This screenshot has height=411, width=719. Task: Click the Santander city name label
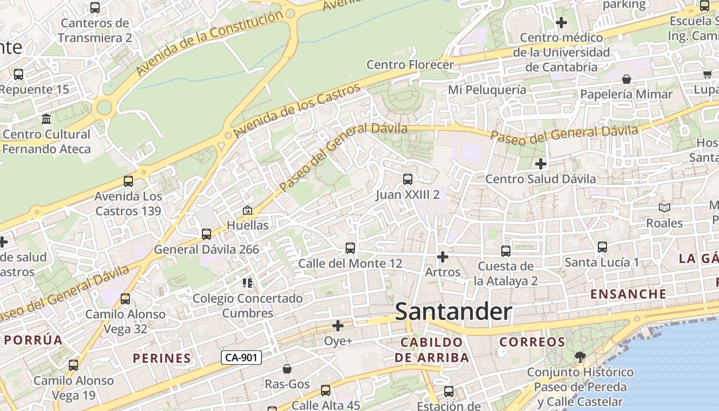click(x=453, y=312)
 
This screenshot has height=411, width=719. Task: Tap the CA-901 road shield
click(x=241, y=358)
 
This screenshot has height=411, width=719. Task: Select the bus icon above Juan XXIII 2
click(x=408, y=179)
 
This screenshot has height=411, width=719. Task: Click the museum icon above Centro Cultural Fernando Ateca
click(x=47, y=119)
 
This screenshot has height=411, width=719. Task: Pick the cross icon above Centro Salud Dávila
click(x=541, y=164)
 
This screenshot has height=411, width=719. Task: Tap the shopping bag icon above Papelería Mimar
click(x=626, y=79)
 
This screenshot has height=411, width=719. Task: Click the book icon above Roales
click(x=665, y=208)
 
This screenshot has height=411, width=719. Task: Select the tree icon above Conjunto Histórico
click(x=580, y=357)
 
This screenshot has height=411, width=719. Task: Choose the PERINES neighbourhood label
click(x=162, y=358)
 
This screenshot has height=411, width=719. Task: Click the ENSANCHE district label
click(x=628, y=294)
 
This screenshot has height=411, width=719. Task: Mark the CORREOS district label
click(x=532, y=342)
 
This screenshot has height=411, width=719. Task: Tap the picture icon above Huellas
click(x=248, y=210)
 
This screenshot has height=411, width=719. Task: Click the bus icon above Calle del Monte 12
click(x=350, y=248)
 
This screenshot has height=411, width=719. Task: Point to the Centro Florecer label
click(x=410, y=65)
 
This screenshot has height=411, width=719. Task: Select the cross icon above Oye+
click(x=338, y=326)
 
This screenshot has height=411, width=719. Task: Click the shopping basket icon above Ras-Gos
click(x=287, y=369)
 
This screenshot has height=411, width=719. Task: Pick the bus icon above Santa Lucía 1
click(x=602, y=247)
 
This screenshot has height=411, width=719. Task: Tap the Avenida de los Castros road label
click(x=297, y=111)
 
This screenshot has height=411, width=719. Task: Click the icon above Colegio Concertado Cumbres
click(x=248, y=283)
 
